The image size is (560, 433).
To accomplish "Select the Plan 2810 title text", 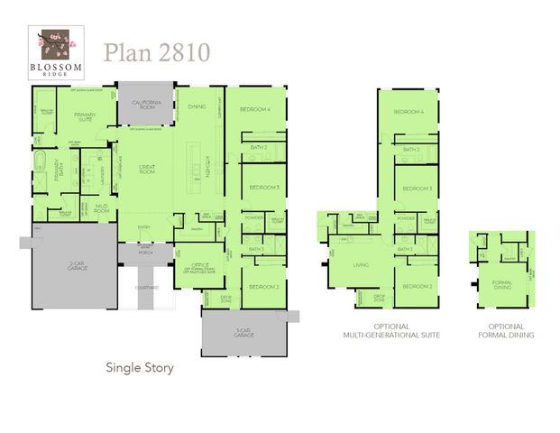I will click(156, 51).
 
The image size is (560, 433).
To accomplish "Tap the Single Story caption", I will click(140, 367).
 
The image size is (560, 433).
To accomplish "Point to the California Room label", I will click(147, 106).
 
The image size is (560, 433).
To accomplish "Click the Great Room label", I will click(147, 169).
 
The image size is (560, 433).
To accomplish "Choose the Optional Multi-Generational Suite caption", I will click(390, 330).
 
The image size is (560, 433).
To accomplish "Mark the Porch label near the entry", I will click(147, 253).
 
